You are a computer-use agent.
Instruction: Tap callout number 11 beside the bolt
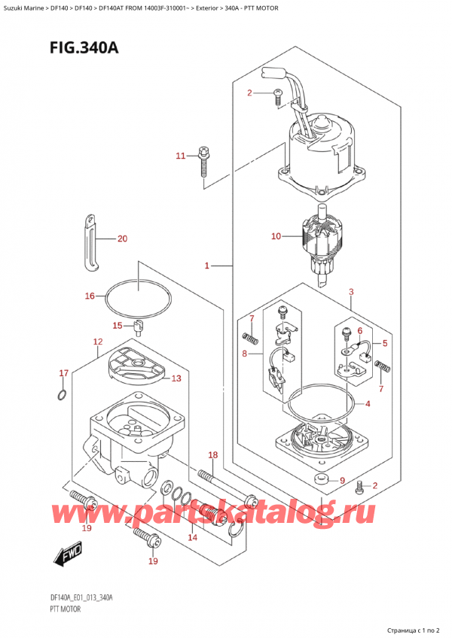click(180, 156)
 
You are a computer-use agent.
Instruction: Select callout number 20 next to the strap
click(123, 239)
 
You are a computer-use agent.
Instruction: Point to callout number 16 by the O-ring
click(90, 296)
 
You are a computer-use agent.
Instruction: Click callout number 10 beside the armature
click(276, 236)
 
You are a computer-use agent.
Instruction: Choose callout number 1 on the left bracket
click(206, 266)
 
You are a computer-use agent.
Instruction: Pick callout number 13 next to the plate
click(176, 378)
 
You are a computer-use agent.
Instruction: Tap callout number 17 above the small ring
click(64, 373)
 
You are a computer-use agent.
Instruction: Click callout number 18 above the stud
click(213, 455)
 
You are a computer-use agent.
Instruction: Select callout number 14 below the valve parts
click(192, 538)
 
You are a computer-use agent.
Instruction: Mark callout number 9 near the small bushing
click(341, 481)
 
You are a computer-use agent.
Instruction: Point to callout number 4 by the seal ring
click(368, 404)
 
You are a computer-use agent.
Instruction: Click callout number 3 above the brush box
click(350, 291)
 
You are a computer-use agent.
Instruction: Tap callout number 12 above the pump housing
click(98, 342)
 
